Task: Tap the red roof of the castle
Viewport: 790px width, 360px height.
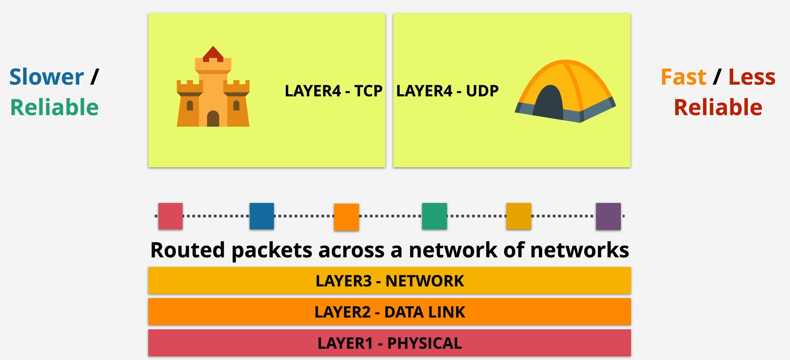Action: click(x=213, y=54)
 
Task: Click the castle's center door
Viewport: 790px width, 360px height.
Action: click(x=213, y=119)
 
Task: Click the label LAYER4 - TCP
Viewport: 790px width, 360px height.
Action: click(x=333, y=91)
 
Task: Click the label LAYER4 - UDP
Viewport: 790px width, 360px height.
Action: click(x=447, y=91)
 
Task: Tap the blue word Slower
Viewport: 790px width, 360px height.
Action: click(x=47, y=77)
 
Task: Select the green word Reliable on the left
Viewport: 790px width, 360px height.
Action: click(x=54, y=108)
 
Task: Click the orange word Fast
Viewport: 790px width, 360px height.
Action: click(x=683, y=77)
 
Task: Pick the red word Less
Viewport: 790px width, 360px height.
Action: click(x=751, y=77)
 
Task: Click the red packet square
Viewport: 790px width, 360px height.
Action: click(x=170, y=216)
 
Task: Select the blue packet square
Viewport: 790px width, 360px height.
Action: click(x=261, y=216)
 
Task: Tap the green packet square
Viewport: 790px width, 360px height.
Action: click(x=434, y=216)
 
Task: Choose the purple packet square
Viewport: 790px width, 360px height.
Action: click(x=608, y=216)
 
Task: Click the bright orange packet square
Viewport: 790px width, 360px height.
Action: click(x=346, y=217)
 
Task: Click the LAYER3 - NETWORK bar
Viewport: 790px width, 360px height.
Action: click(x=389, y=281)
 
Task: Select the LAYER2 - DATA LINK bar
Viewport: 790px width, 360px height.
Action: click(x=389, y=312)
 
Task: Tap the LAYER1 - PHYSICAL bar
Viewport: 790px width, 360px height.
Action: click(x=389, y=343)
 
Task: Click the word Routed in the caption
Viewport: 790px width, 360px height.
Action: click(x=187, y=250)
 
